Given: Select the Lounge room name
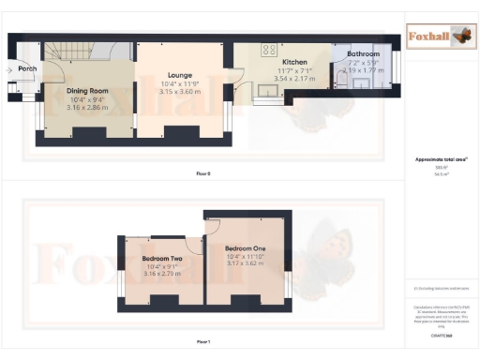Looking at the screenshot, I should click(x=180, y=75).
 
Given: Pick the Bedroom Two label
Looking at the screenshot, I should click(x=161, y=258).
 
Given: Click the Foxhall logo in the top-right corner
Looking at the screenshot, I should click(x=440, y=37).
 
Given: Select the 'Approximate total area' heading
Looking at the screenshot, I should click(x=440, y=159).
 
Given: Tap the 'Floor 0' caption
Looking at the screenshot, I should click(x=203, y=174).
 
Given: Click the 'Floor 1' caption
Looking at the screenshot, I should click(x=203, y=342).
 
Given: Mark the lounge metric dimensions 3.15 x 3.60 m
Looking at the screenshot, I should click(x=180, y=92).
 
